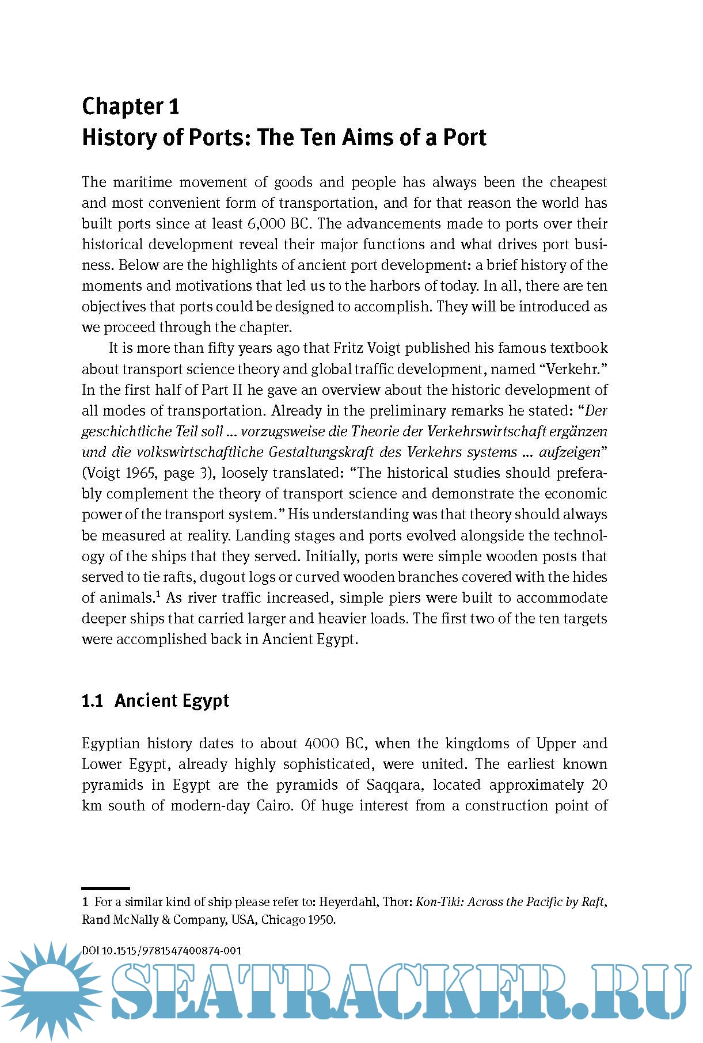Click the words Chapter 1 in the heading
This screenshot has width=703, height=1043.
pyautogui.click(x=131, y=106)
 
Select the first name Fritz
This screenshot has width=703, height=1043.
pyautogui.click(x=349, y=348)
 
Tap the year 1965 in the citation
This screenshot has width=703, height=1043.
pyautogui.click(x=139, y=473)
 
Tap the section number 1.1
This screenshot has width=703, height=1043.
pyautogui.click(x=92, y=701)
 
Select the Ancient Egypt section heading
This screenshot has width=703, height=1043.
pyautogui.click(x=172, y=701)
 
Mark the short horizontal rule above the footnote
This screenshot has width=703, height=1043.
pyautogui.click(x=106, y=888)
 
